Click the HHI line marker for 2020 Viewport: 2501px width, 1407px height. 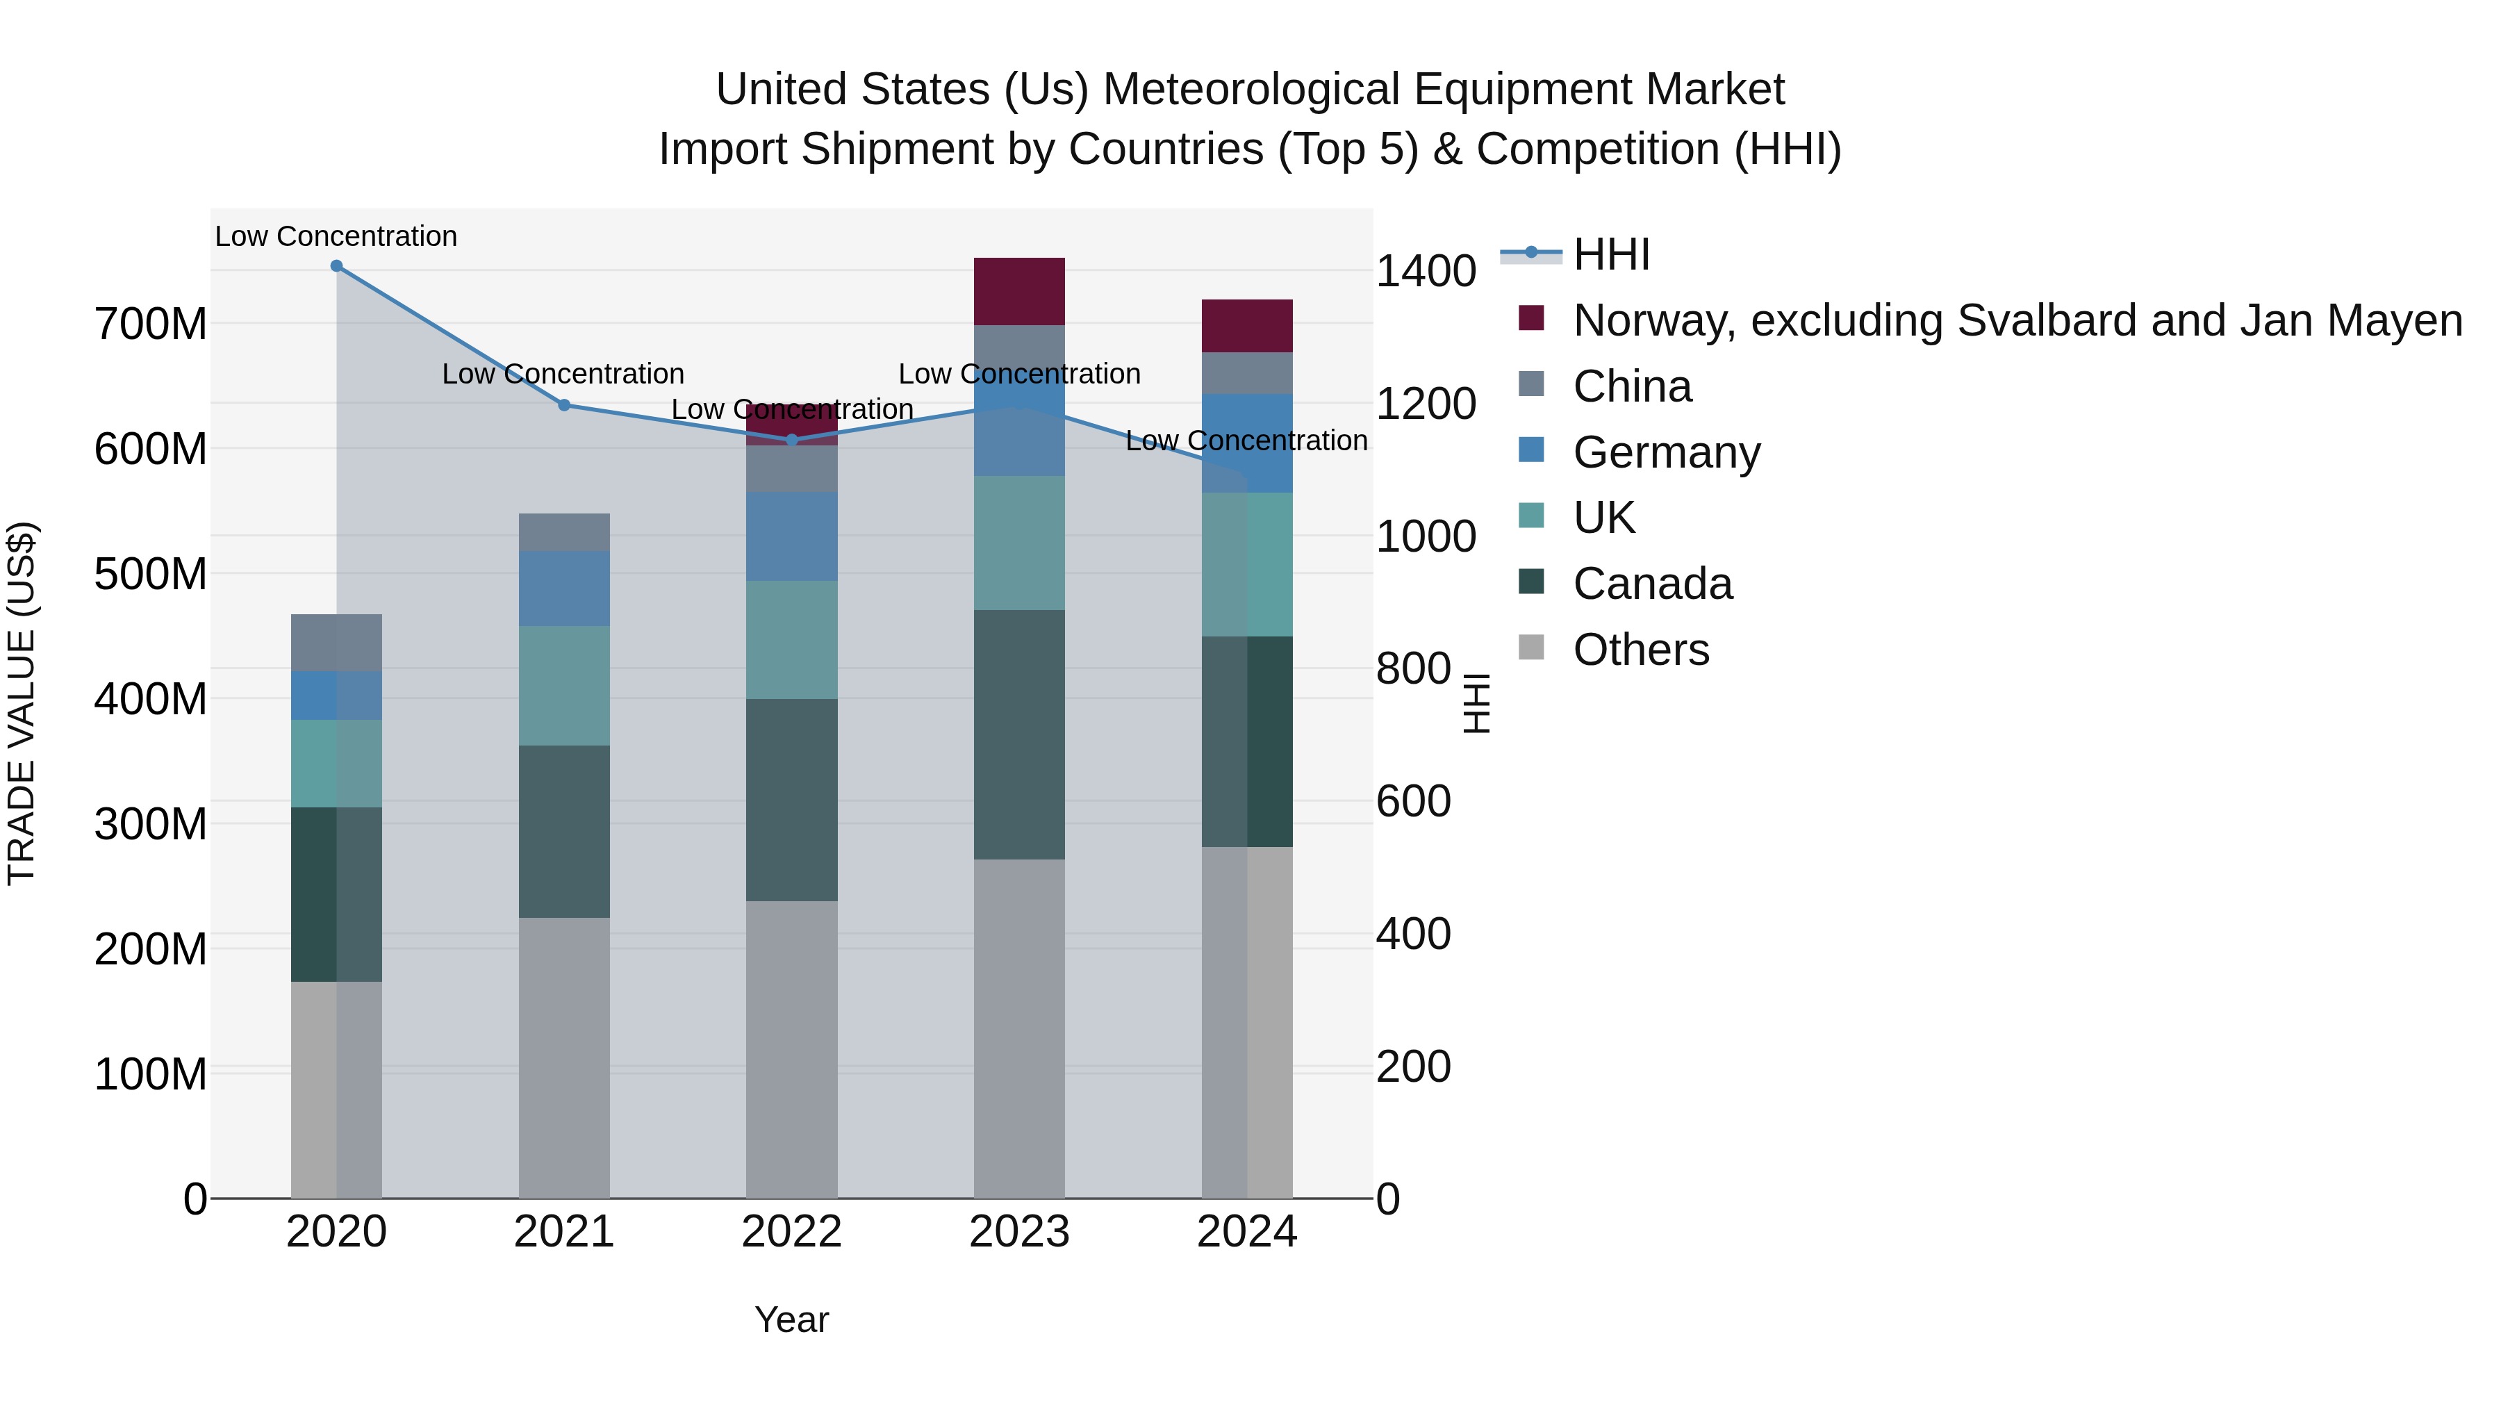pos(336,266)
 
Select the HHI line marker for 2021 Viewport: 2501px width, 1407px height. pos(564,405)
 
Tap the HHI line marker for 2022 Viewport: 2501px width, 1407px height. pos(791,440)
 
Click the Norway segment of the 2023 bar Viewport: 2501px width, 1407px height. pos(1018,291)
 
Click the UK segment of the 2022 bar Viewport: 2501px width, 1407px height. pos(791,640)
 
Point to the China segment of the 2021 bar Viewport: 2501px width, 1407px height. pos(564,532)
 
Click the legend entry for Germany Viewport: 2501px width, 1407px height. pos(1666,452)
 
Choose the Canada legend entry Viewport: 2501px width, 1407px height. pos(1653,584)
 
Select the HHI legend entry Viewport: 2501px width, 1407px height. pos(1612,254)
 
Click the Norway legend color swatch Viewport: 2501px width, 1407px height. pos(1531,318)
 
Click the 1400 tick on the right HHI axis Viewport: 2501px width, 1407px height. pos(1426,271)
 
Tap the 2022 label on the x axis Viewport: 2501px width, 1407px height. pos(791,1232)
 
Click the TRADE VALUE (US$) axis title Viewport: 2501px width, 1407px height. pos(22,703)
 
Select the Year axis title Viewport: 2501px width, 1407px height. pos(791,1319)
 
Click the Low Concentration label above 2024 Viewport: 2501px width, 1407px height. pos(1246,441)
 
